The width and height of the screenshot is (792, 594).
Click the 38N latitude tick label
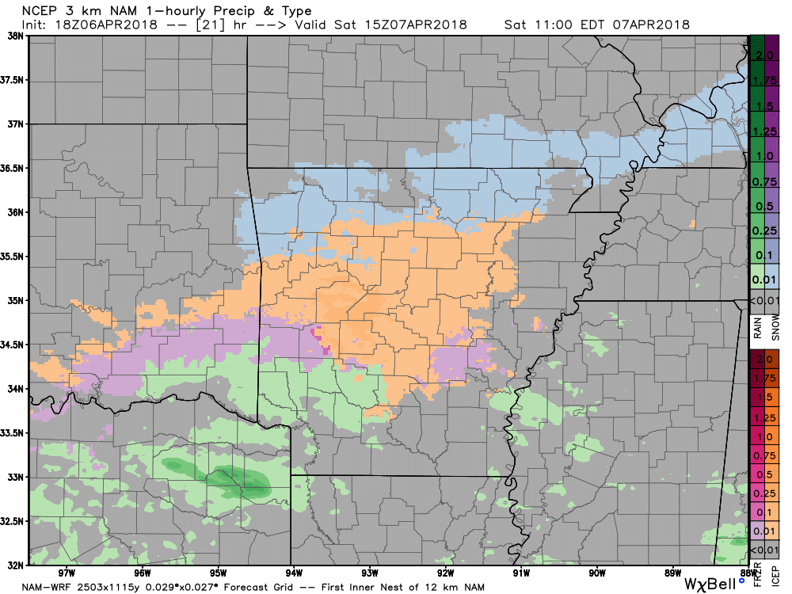14,36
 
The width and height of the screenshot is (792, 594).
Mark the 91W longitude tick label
520,573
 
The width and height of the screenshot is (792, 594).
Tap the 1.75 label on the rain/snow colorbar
765,81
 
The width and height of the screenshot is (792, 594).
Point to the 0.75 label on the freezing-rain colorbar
765,455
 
